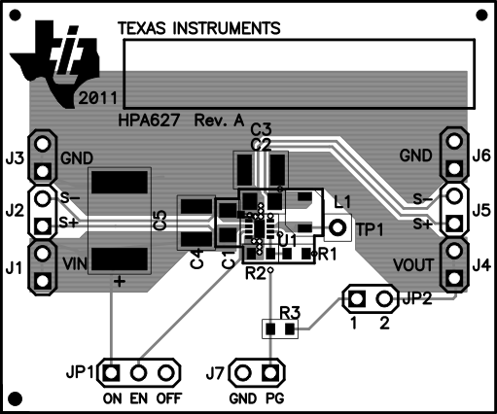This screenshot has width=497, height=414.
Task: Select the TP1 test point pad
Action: [x=337, y=228]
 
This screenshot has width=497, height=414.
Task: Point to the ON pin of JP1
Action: [x=113, y=372]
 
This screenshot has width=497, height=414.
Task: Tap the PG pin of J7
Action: [x=270, y=372]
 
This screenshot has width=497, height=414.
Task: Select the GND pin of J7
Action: [x=242, y=372]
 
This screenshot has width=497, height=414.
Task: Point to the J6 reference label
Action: [x=480, y=155]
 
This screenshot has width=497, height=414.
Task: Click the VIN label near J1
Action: [x=78, y=262]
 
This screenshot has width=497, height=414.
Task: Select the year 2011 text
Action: [x=100, y=99]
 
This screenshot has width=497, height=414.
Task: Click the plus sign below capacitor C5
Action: [x=120, y=282]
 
